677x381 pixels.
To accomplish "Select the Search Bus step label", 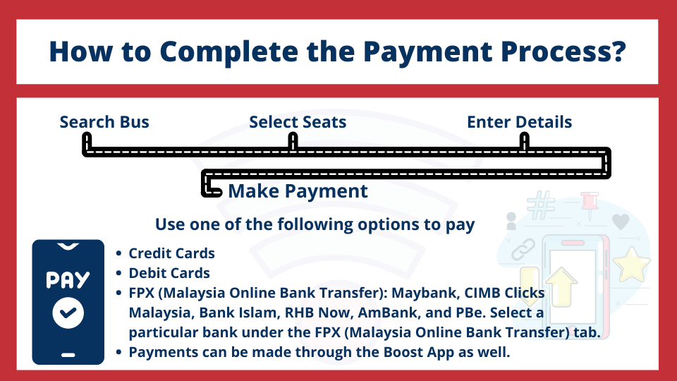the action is pos(104,122).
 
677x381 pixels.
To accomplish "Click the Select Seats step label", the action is pos(298,122).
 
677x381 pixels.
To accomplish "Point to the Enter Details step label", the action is pos(520,122).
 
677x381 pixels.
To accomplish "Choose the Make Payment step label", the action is pos(298,191).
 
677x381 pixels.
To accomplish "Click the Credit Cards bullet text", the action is pos(171,253).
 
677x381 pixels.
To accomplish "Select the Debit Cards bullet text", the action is pos(169,273).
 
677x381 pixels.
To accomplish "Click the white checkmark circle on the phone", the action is pos(68,313).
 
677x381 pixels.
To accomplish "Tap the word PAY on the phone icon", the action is pos(68,280).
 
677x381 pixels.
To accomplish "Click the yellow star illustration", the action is pos(632,265).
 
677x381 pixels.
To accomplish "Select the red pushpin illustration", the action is pos(590,205).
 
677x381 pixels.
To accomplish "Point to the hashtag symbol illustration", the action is pos(541,205).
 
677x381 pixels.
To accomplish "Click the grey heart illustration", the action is pos(621,222).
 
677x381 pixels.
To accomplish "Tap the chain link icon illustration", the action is pos(523,249).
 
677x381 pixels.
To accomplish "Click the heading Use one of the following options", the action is pos(315,224).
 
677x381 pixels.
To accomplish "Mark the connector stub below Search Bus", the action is pos(87,143).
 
